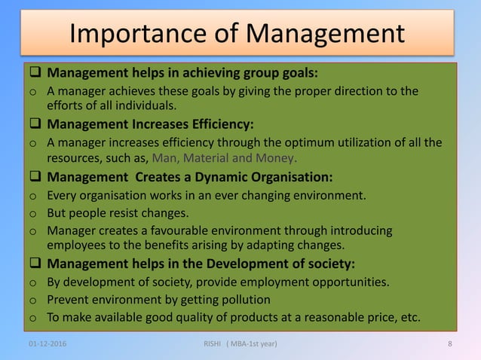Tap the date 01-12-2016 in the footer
tap(47, 344)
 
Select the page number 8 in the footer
tap(449, 344)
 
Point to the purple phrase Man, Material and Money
tap(225, 158)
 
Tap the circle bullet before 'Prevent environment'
tap(32, 301)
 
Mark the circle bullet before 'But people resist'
tap(32, 214)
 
